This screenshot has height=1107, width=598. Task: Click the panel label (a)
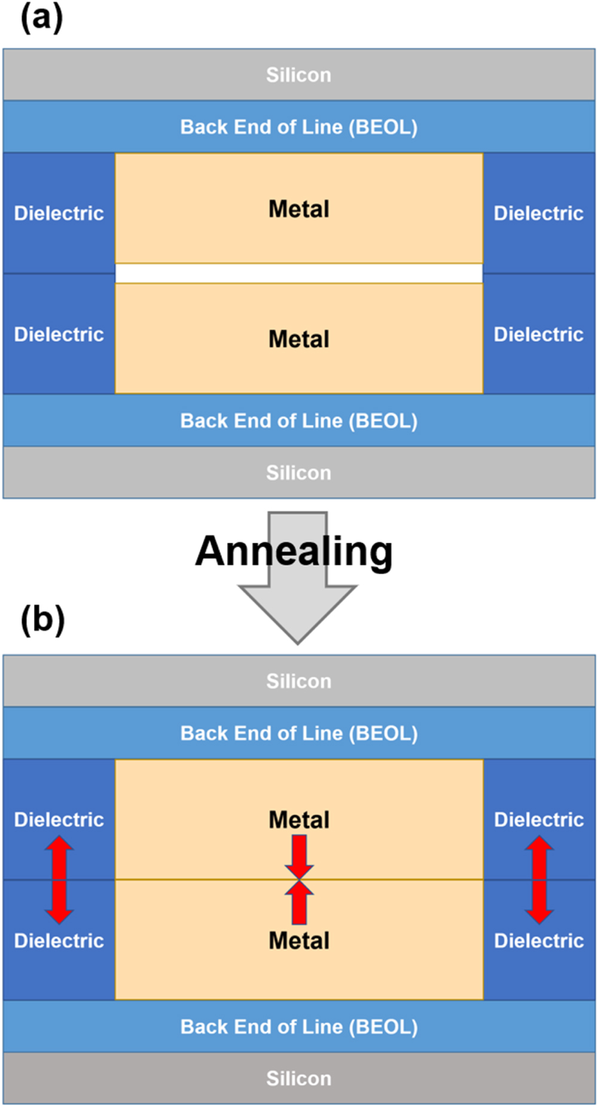41,18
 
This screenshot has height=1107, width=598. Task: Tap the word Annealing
294,551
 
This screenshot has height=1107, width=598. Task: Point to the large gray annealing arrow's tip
297,641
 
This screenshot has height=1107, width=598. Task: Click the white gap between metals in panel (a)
298,274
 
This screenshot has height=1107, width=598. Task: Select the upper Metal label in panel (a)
298,209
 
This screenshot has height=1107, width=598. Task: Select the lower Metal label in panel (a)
298,340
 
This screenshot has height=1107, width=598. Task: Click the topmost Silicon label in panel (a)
298,75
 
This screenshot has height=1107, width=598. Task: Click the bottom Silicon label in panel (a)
298,473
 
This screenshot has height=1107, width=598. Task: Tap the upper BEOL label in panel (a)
298,127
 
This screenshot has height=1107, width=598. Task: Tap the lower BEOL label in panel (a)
298,421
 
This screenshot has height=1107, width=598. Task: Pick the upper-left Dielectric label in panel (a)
59,213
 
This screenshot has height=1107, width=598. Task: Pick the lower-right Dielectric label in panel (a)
538,334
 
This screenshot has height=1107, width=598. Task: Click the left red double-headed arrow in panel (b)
59,880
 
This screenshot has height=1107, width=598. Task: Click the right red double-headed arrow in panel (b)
539,880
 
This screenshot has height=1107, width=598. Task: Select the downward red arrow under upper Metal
299,855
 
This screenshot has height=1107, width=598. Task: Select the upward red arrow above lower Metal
299,903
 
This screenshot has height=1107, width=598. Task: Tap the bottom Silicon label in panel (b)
298,1078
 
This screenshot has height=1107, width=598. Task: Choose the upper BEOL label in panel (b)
298,733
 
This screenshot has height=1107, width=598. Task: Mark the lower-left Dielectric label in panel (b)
59,941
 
